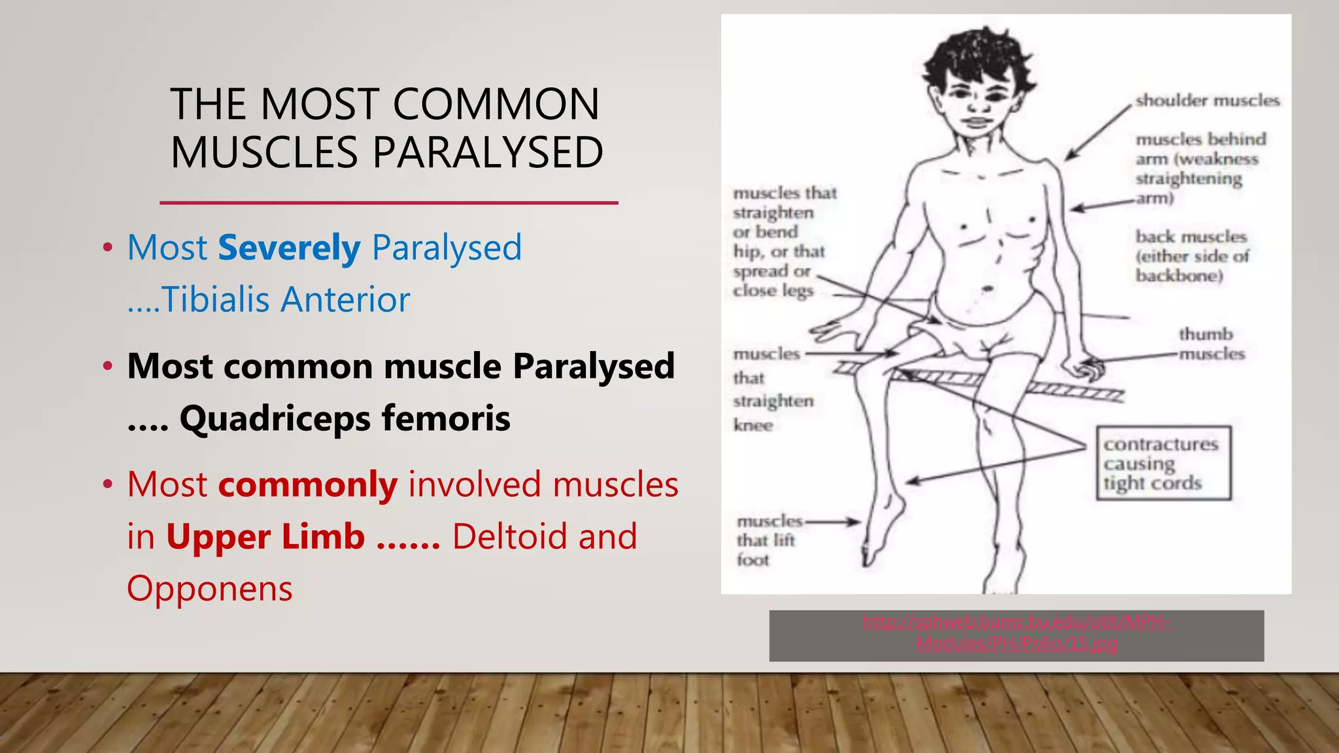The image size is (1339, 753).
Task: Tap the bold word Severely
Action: pyautogui.click(x=289, y=248)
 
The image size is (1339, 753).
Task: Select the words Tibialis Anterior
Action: pyautogui.click(x=286, y=300)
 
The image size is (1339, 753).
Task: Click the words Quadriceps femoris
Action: pyautogui.click(x=345, y=418)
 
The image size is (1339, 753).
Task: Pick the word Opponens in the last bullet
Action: pyautogui.click(x=209, y=588)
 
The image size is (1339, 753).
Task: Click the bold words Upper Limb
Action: pyautogui.click(x=265, y=537)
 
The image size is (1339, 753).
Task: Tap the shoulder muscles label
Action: pyautogui.click(x=1207, y=101)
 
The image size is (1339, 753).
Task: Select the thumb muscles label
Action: pyautogui.click(x=1211, y=344)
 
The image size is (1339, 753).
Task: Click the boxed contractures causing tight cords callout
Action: pyautogui.click(x=1163, y=463)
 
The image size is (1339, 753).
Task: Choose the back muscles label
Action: pyautogui.click(x=1192, y=256)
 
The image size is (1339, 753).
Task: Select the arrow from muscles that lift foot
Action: pyautogui.click(x=833, y=522)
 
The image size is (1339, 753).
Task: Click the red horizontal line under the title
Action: pyautogui.click(x=388, y=203)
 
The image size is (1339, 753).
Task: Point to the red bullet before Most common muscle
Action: pyautogui.click(x=108, y=366)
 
